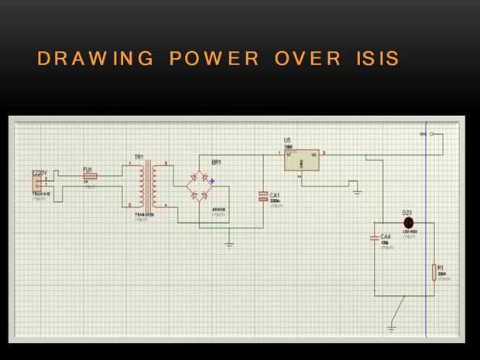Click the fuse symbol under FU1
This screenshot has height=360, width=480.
tap(90, 177)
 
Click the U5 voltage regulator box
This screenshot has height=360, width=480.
tap(301, 159)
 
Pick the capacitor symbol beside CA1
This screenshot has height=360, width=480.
tap(263, 197)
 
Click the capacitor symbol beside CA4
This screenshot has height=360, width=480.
tap(375, 238)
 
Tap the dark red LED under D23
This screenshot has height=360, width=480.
tap(408, 222)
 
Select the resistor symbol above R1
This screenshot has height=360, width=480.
tap(434, 272)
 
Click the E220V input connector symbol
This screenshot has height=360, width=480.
tap(36, 183)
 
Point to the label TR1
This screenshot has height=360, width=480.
tap(139, 158)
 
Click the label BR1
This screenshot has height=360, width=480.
tap(216, 163)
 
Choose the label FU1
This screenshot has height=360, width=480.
tap(87, 169)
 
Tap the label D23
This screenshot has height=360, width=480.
tap(406, 211)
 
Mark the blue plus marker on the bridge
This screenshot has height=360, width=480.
tap(211, 181)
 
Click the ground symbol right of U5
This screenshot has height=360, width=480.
tap(356, 190)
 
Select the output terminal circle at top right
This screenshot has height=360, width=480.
tap(431, 134)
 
